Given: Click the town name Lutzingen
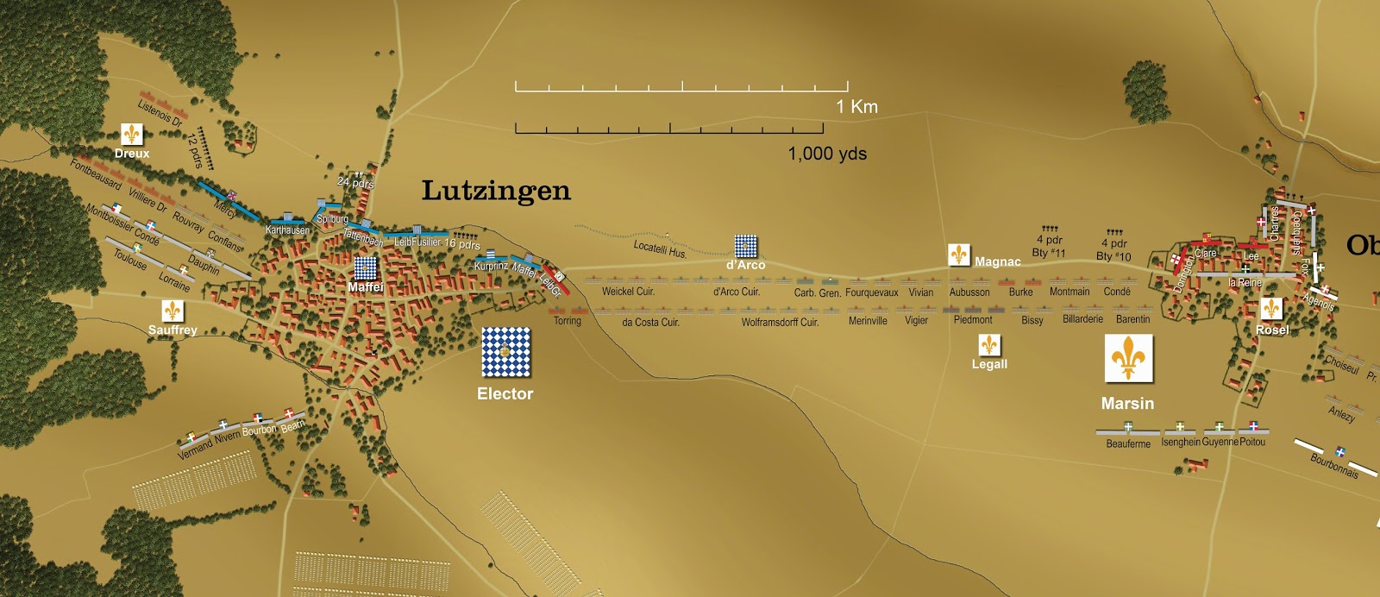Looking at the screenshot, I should pyautogui.click(x=496, y=191).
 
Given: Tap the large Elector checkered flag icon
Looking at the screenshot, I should pyautogui.click(x=506, y=352).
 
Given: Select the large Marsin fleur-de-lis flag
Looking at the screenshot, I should pyautogui.click(x=1128, y=358).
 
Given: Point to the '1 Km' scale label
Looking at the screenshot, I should pyautogui.click(x=856, y=107).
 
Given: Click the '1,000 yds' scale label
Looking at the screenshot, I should pyautogui.click(x=827, y=154).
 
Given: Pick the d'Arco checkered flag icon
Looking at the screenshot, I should pyautogui.click(x=746, y=246).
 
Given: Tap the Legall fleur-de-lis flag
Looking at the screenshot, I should pyautogui.click(x=989, y=345).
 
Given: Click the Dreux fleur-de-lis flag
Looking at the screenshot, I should pyautogui.click(x=131, y=135).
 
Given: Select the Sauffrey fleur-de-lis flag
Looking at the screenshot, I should pyautogui.click(x=172, y=311).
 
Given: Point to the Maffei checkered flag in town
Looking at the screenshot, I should pyautogui.click(x=366, y=268).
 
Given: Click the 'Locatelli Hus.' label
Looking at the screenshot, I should pyautogui.click(x=660, y=249).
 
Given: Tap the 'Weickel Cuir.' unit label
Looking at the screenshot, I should pyautogui.click(x=628, y=292).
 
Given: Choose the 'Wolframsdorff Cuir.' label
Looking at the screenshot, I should pyautogui.click(x=780, y=323).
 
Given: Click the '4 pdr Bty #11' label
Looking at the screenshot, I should pyautogui.click(x=1049, y=246).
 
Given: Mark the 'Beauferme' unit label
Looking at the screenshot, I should pyautogui.click(x=1128, y=443).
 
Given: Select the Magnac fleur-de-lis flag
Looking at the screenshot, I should pyautogui.click(x=959, y=255).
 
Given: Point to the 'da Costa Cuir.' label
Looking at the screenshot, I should pyautogui.click(x=650, y=323).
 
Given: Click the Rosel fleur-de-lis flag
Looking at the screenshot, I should pyautogui.click(x=1270, y=309).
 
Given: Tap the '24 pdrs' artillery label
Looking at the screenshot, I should pyautogui.click(x=355, y=182).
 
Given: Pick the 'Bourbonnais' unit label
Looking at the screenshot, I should pyautogui.click(x=1333, y=466).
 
